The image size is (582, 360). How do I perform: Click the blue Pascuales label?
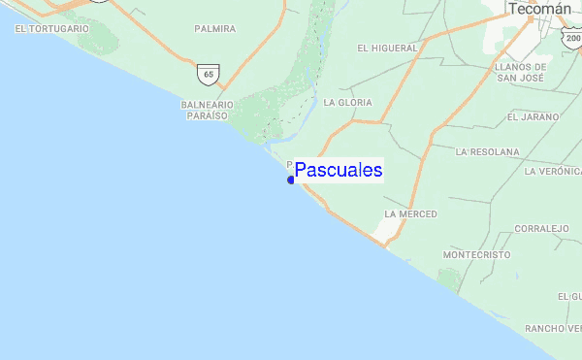tap(339, 171)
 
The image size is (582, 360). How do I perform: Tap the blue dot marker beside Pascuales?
tap(291, 180)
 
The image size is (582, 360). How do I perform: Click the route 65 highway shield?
tap(210, 74)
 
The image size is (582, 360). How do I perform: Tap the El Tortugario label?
tap(51, 29)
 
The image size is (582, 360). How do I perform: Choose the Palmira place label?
tap(214, 29)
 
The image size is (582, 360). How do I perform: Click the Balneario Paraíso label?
tap(205, 109)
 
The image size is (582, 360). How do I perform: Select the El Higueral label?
tap(387, 48)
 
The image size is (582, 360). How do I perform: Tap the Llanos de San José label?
tap(521, 73)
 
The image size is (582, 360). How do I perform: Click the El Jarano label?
tap(533, 116)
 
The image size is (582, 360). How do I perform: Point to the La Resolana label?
tap(487, 152)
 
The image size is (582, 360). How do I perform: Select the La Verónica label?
tap(552, 171)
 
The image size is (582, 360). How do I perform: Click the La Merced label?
tap(410, 213)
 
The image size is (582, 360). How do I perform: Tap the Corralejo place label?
tap(541, 229)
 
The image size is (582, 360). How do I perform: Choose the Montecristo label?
tap(475, 254)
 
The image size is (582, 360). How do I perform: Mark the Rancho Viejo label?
tap(552, 329)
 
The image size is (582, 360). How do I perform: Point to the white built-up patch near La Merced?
tap(389, 230)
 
